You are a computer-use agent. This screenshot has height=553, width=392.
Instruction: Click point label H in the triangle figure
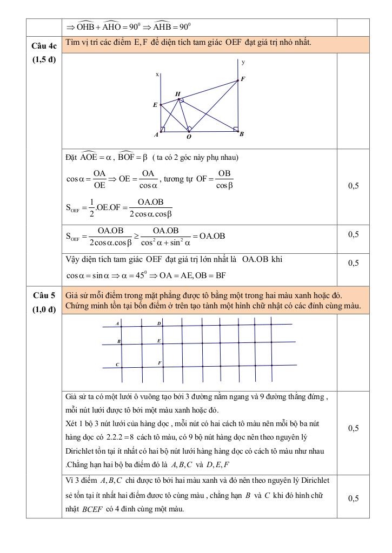177,94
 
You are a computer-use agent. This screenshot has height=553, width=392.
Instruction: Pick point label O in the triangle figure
188,137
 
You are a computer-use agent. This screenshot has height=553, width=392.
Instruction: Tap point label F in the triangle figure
243,79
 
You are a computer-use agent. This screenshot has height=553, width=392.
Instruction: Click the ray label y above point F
243,62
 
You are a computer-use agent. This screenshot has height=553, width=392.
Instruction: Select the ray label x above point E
157,74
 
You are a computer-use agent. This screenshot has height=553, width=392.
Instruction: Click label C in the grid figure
117,365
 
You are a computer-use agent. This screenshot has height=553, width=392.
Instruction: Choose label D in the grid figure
159,323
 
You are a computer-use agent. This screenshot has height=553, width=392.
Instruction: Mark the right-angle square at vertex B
236,129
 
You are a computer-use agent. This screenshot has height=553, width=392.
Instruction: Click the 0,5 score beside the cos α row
353,186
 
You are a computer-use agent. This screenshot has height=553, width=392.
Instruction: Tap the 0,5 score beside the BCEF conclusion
353,498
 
